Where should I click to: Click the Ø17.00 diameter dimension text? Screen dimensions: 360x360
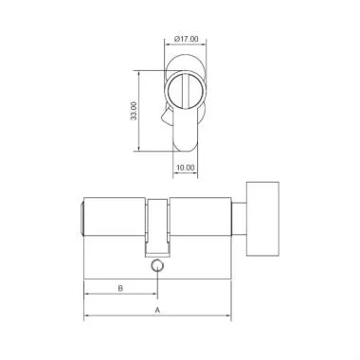click(186, 39)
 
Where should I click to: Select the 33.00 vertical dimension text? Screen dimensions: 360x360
click(135, 111)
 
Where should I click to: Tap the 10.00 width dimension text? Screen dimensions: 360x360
click(186, 168)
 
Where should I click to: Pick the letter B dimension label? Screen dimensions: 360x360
click(120, 287)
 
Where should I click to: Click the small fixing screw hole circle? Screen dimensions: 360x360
click(157, 269)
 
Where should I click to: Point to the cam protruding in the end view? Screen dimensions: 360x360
click(168, 121)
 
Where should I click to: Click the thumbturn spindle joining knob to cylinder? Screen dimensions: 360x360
click(239, 218)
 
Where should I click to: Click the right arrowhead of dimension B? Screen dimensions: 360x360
click(154, 294)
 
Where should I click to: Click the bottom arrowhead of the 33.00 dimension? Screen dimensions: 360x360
click(143, 150)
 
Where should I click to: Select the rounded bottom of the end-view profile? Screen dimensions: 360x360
click(186, 145)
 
